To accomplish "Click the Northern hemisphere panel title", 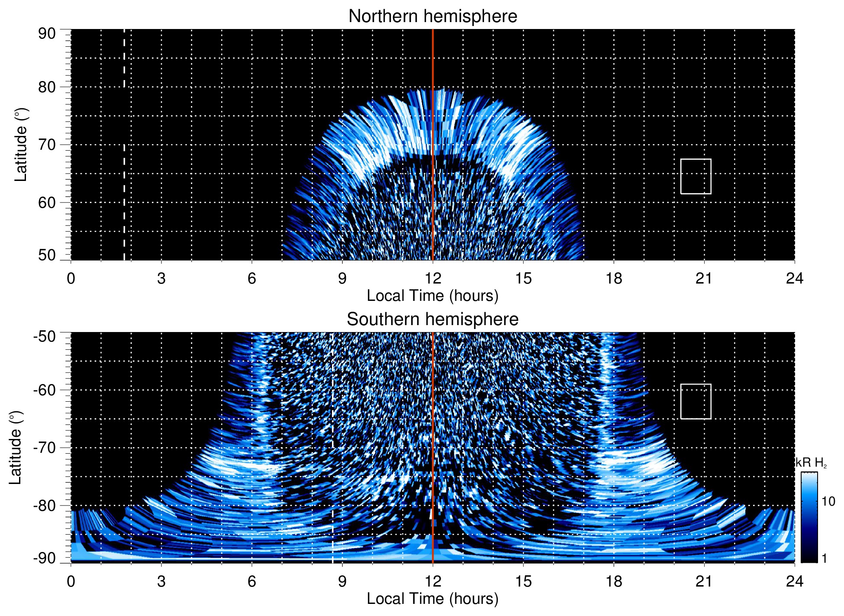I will (x=432, y=16).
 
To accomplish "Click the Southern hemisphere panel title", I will (x=432, y=319).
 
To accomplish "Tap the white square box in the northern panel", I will (x=696, y=176).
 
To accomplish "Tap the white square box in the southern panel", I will (x=696, y=401).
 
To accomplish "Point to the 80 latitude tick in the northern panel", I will (x=47, y=87).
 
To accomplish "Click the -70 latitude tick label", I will (x=45, y=448).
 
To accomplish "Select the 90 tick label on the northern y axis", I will (x=47, y=34).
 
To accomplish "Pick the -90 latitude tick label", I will (x=45, y=558).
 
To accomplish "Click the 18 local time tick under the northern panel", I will (x=613, y=278).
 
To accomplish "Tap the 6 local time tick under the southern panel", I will (x=251, y=581).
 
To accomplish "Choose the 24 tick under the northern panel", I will (x=794, y=278).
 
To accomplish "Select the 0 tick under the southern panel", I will (x=71, y=581).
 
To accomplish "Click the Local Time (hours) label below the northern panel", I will (x=432, y=296).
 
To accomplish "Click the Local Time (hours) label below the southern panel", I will (x=432, y=599).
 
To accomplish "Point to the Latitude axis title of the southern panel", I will (x=16, y=448).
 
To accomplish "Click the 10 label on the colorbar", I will (x=828, y=501).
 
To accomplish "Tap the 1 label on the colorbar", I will (x=824, y=558).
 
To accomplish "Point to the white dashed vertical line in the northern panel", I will (x=124, y=173).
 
